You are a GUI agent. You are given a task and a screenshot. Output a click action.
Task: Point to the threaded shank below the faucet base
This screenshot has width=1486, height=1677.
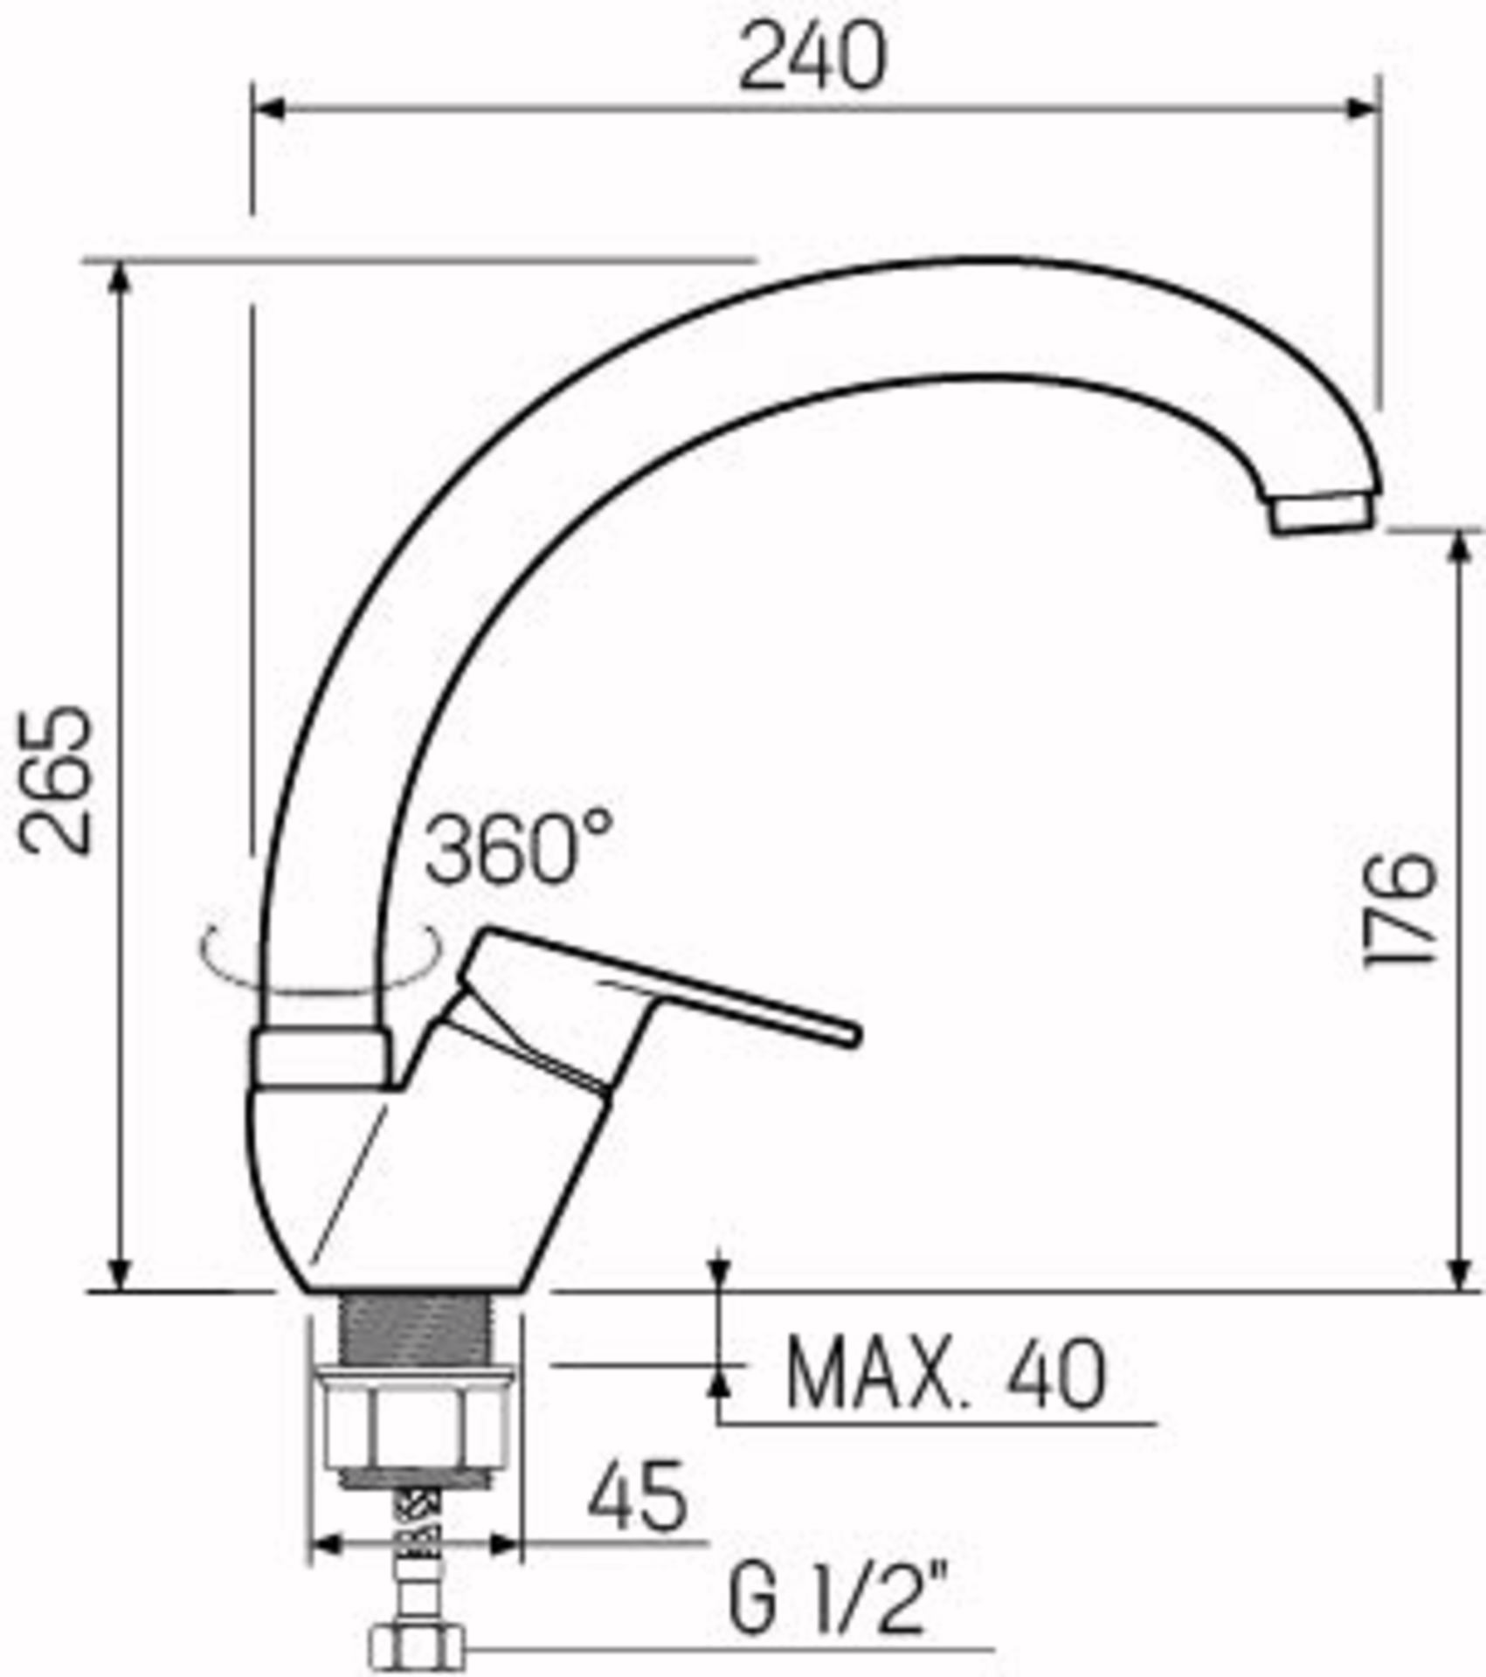tap(414, 1328)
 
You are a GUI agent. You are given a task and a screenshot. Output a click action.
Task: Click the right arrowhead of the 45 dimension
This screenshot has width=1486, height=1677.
tap(505, 1545)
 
